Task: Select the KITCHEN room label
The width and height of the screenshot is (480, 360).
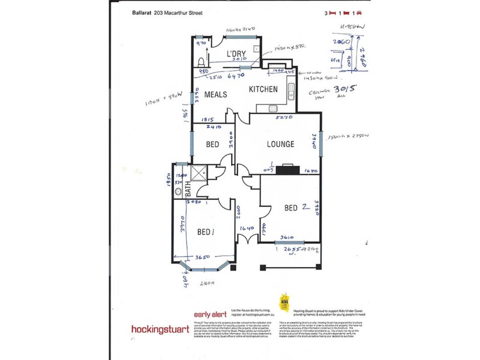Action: pyautogui.click(x=263, y=89)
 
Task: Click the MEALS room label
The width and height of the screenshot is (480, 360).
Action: pyautogui.click(x=215, y=95)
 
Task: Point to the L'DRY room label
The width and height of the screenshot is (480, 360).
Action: pyautogui.click(x=236, y=55)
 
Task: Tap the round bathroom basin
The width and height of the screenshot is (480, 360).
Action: pyautogui.click(x=178, y=192)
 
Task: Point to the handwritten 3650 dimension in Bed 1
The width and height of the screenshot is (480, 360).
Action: pyautogui.click(x=203, y=258)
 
